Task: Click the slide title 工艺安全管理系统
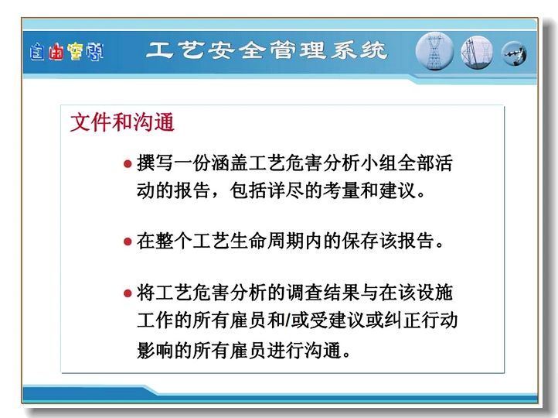[x=266, y=50]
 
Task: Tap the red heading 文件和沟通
[x=122, y=122]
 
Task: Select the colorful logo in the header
[x=66, y=52]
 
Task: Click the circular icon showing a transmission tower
[x=434, y=51]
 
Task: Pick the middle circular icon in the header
[x=477, y=53]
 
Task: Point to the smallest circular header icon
[x=514, y=54]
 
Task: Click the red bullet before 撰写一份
[x=128, y=164]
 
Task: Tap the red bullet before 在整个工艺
[x=128, y=242]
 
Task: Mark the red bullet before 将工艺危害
[x=128, y=293]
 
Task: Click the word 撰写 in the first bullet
[x=155, y=163]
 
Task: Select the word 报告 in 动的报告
[x=192, y=190]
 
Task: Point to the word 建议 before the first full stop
[x=397, y=190]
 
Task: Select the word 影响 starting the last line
[x=155, y=351]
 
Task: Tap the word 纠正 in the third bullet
[x=403, y=320]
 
